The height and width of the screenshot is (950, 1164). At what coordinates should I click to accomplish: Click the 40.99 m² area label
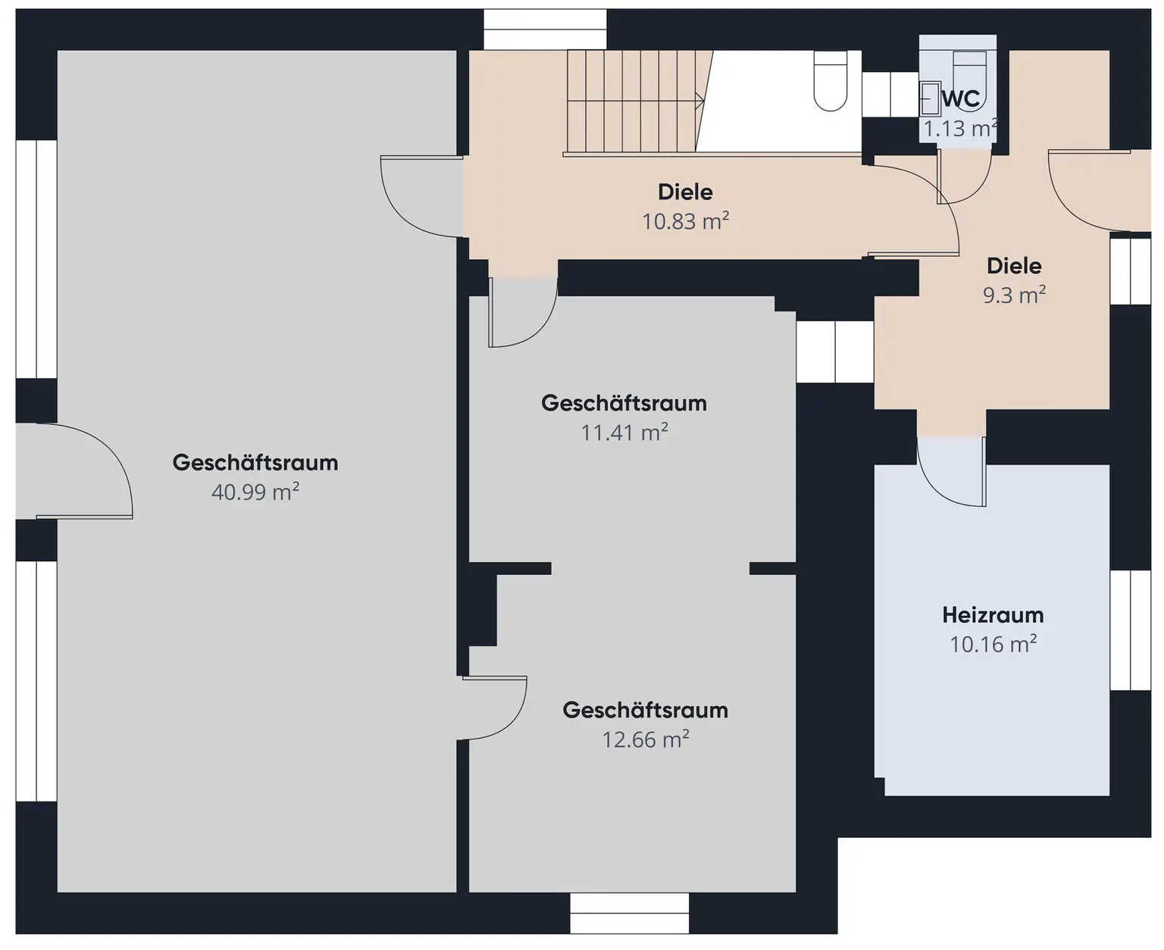point(255,492)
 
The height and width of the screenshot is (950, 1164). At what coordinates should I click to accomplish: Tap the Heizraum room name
point(993,614)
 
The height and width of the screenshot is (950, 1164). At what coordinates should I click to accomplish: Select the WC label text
point(961,98)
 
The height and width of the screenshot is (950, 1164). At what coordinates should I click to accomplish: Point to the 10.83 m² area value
point(685,221)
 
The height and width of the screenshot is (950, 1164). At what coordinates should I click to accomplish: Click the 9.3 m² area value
point(1014,295)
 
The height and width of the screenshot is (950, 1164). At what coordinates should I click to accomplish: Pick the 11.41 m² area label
point(624,433)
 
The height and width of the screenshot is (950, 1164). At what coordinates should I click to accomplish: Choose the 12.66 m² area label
point(646,739)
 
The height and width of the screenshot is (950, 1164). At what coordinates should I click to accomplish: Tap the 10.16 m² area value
point(993,644)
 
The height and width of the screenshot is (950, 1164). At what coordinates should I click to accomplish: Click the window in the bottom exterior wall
point(629,913)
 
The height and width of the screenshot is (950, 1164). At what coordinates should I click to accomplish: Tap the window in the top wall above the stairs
point(545,30)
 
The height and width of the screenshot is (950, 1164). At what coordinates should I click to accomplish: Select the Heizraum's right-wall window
point(1130,630)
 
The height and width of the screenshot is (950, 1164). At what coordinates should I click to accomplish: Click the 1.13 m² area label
point(959,129)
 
